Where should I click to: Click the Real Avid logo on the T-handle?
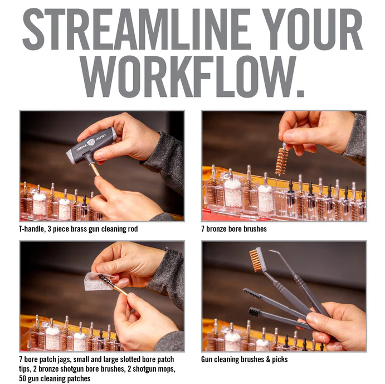91,143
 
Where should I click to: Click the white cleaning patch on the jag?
98,281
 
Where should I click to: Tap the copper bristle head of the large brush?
256,260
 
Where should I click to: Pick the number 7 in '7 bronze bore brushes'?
203,229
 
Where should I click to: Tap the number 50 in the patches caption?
22,378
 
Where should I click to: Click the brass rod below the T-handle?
95,169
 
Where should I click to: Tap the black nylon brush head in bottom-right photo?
254,312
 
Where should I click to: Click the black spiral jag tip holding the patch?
106,280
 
